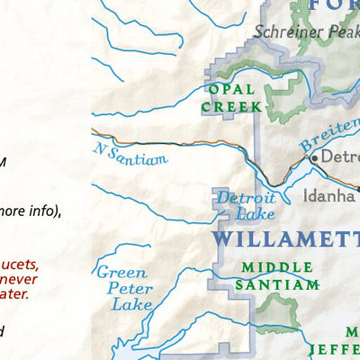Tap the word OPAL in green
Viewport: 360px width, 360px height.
tap(232, 89)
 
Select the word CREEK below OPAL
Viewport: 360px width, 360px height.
tap(232, 106)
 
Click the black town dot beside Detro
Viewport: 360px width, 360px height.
tap(314, 157)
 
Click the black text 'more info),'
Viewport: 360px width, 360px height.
tap(31, 212)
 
